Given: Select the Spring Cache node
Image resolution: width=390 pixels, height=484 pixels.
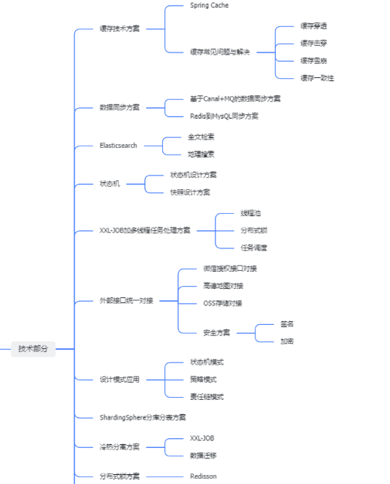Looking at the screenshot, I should coord(209,5).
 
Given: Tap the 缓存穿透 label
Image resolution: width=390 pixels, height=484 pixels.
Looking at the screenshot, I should coord(313,26).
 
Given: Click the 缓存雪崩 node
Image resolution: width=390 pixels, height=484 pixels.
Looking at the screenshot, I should coord(313,61).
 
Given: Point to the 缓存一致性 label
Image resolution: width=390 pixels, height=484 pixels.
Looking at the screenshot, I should coord(317,78).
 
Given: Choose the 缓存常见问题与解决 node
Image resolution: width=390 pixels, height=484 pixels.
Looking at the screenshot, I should coord(220,52).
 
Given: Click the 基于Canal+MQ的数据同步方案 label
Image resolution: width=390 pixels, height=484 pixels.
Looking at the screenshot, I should coord(235,98).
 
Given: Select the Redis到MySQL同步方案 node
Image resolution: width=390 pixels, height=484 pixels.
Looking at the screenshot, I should coord(224,116).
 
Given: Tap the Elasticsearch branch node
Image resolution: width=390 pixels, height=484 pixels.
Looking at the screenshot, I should coord(118,145).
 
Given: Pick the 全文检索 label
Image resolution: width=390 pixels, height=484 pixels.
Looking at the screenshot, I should coord(201,137).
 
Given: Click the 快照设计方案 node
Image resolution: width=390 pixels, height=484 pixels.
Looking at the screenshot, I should coord(189,192).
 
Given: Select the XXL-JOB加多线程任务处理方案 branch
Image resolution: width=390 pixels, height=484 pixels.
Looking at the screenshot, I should coord(145,230).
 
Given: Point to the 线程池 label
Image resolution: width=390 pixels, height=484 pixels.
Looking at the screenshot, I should coord(250,213).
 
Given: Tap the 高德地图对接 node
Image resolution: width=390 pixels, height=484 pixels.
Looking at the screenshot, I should coord(223,286).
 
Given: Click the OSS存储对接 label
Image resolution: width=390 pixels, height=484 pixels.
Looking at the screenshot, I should coord(222,303).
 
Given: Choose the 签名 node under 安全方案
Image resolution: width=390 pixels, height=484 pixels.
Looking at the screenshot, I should coord(287,324).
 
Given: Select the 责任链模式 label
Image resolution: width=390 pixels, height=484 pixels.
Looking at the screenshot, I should coord(207,397).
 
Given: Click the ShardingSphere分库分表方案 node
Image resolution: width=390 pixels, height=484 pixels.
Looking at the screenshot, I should coord(142,417).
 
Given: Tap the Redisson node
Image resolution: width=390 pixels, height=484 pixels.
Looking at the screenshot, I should coord(204,476).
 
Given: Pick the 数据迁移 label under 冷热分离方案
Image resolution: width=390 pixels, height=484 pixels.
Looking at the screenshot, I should coord(203,455).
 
